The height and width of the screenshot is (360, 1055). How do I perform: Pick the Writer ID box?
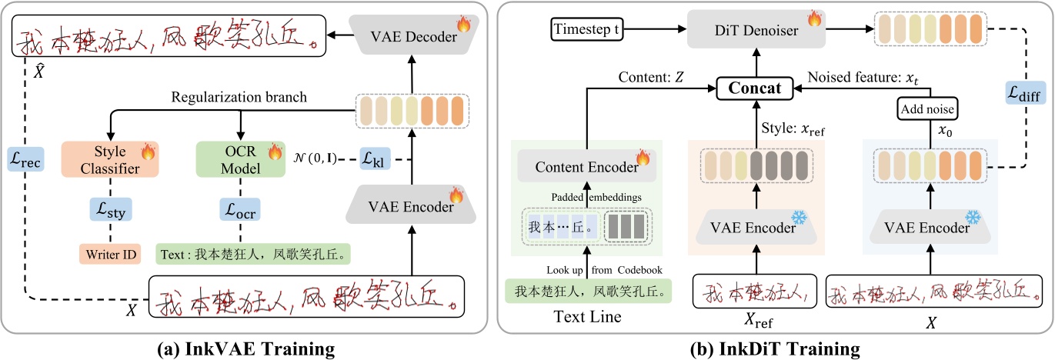[x=109, y=252]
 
